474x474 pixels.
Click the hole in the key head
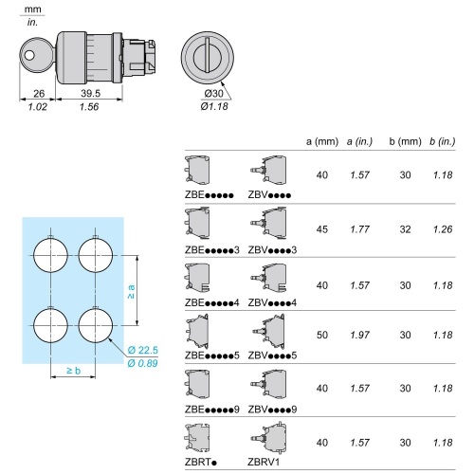(29, 56)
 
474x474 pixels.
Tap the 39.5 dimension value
(91, 93)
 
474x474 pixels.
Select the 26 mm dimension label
(39, 94)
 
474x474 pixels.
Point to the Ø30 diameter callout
(213, 94)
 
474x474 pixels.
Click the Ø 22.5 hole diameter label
(143, 350)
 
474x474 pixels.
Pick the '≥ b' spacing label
(74, 371)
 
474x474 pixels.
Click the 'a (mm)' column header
(322, 141)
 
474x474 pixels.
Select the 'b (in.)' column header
(443, 141)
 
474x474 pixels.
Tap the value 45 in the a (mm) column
(322, 229)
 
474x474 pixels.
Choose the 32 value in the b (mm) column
(405, 229)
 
